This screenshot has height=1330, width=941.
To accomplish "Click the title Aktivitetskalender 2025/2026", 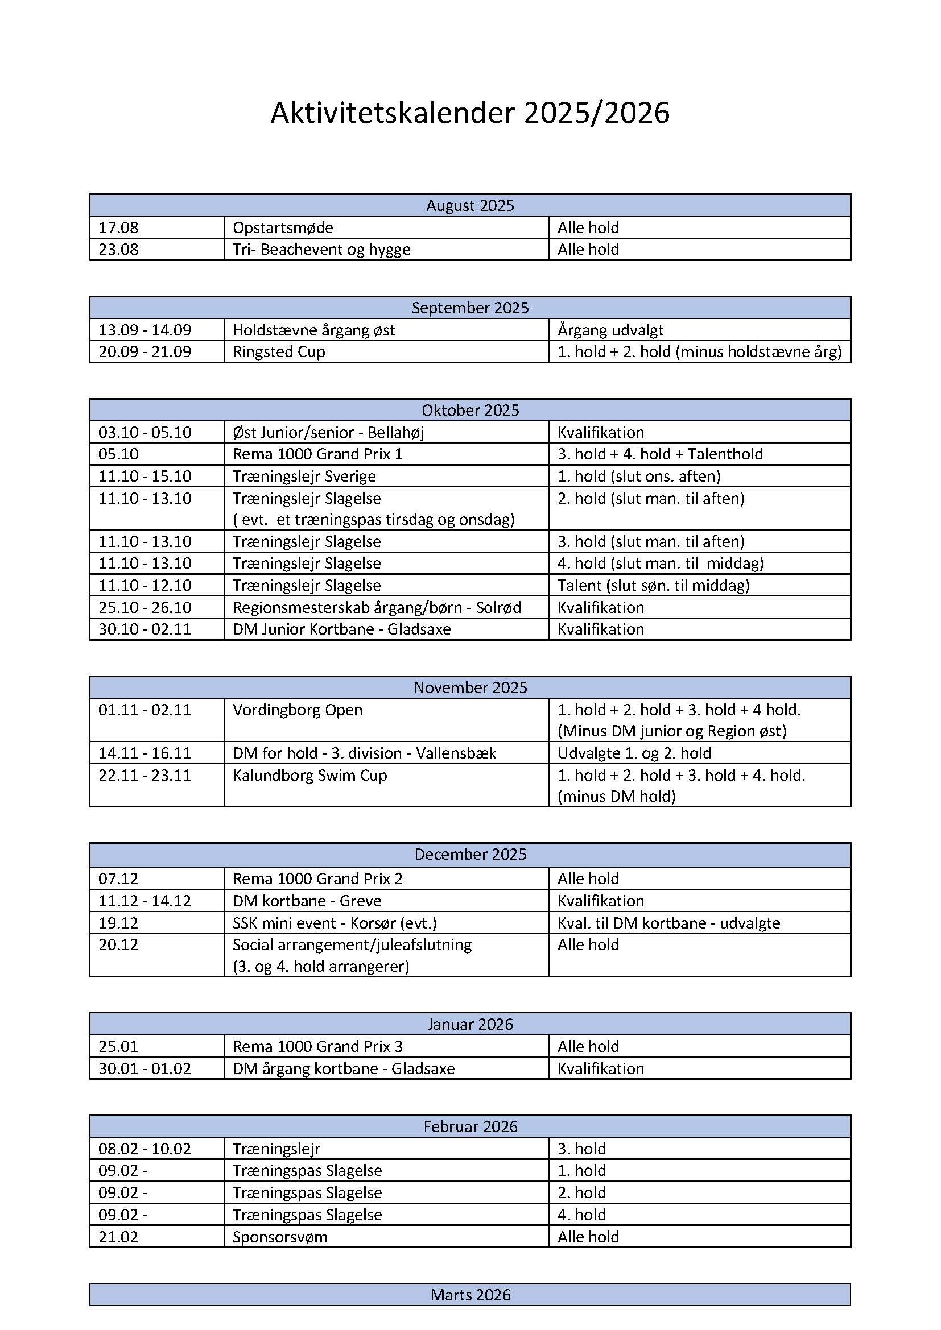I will pyautogui.click(x=470, y=113).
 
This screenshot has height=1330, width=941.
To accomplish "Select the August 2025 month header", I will pyautogui.click(x=470, y=206).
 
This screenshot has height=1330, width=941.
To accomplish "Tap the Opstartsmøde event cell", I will pyautogui.click(x=283, y=227).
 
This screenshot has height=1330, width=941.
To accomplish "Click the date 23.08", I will pyautogui.click(x=119, y=250).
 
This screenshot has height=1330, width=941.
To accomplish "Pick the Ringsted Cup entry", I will pyautogui.click(x=279, y=352).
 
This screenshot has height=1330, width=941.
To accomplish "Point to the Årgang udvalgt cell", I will pyautogui.click(x=610, y=330).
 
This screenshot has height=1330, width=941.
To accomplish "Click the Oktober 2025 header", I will pyautogui.click(x=470, y=410).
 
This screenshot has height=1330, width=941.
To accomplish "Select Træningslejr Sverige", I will pyautogui.click(x=304, y=476).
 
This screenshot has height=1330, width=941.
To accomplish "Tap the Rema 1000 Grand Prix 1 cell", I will pyautogui.click(x=317, y=454).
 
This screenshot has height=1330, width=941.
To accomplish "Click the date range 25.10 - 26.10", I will pyautogui.click(x=145, y=608).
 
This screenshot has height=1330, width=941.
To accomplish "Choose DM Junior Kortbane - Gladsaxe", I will pyautogui.click(x=342, y=629).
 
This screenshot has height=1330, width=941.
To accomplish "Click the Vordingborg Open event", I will pyautogui.click(x=298, y=710).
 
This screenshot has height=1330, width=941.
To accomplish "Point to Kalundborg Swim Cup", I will pyautogui.click(x=310, y=776).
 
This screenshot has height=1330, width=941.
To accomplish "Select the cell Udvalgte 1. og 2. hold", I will pyautogui.click(x=634, y=753).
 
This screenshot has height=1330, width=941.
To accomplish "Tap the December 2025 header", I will pyautogui.click(x=470, y=855).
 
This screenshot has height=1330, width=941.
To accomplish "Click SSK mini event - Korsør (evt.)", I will pyautogui.click(x=335, y=923).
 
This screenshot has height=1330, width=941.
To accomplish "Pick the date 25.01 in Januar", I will pyautogui.click(x=119, y=1047).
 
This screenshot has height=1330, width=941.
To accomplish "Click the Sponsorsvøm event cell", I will pyautogui.click(x=280, y=1237).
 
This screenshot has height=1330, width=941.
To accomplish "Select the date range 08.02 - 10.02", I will pyautogui.click(x=145, y=1149).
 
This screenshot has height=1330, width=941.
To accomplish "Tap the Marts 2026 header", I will pyautogui.click(x=470, y=1295).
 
